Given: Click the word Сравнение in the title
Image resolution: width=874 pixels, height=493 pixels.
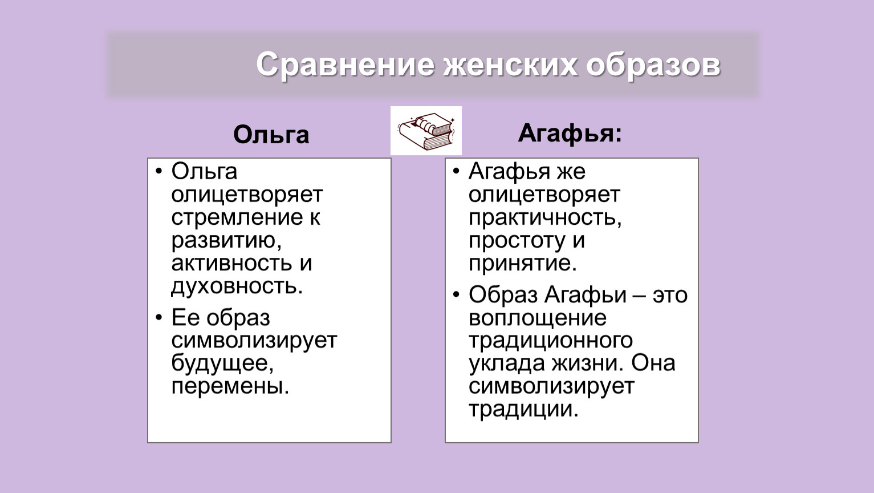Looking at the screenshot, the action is pos(345,65).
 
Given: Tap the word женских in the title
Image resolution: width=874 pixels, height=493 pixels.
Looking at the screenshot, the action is pos(510,65).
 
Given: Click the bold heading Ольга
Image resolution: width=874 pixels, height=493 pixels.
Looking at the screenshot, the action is pos(271,135).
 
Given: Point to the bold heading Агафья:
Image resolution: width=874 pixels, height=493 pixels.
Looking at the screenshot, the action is pos(570,134).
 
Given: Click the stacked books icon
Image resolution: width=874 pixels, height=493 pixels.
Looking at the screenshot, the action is pos(426,131).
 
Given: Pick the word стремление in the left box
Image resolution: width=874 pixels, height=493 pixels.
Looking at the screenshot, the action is pos(237,217).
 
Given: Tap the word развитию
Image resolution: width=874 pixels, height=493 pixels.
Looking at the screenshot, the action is pos(226,241).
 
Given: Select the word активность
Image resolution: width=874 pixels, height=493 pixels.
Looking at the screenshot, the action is pos(231,263).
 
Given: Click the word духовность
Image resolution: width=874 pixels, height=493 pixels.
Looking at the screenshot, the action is pos(237,286).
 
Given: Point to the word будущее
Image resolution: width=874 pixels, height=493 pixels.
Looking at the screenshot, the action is pos(222,363).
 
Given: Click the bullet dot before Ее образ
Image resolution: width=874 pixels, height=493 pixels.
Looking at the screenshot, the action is pos(158,317).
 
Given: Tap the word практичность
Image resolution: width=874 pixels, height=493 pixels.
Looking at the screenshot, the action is pos(544,218).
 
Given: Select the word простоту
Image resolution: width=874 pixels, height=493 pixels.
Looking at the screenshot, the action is pos(517,241).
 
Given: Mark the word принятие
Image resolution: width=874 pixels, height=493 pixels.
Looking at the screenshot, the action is pos(522,264).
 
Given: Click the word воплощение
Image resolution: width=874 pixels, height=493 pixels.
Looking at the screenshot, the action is pos(537,318).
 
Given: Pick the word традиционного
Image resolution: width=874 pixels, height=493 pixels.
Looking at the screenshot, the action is pos(551,341).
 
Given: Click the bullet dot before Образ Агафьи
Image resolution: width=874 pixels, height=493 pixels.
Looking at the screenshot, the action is pos(456,294).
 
